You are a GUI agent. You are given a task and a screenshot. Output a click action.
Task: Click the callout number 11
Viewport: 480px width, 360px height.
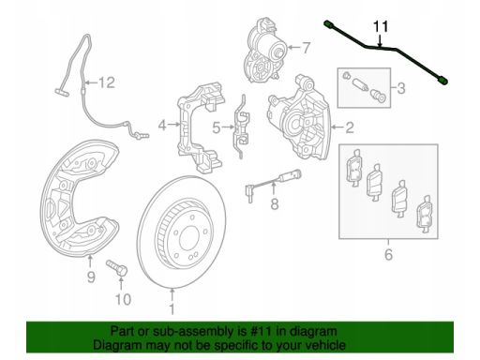pyautogui.click(x=381, y=26)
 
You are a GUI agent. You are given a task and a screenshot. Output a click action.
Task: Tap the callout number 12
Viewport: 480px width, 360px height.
pyautogui.click(x=107, y=82)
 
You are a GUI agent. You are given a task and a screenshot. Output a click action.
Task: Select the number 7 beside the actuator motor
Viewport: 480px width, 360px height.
pyautogui.click(x=306, y=48)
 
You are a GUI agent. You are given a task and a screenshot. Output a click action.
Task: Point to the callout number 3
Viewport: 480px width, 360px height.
pyautogui.click(x=401, y=88)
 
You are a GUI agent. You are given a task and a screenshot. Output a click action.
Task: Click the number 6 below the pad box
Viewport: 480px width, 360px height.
pyautogui.click(x=388, y=255)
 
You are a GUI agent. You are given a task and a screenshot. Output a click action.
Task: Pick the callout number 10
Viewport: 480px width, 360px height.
pyautogui.click(x=123, y=300)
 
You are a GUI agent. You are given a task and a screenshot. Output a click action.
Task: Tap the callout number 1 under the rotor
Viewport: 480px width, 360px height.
pyautogui.click(x=172, y=308)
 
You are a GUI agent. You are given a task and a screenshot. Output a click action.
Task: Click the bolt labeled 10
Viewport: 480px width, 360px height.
pyautogui.click(x=117, y=268)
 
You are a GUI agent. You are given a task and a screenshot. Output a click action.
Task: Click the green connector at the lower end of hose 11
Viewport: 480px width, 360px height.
pyautogui.click(x=443, y=82)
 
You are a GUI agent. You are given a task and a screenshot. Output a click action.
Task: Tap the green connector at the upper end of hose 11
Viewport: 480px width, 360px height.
pyautogui.click(x=328, y=23)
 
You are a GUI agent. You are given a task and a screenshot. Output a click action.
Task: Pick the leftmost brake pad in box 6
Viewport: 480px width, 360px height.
pyautogui.click(x=354, y=168)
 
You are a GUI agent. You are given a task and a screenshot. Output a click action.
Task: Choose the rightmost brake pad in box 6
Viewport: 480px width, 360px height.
pyautogui.click(x=425, y=215)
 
